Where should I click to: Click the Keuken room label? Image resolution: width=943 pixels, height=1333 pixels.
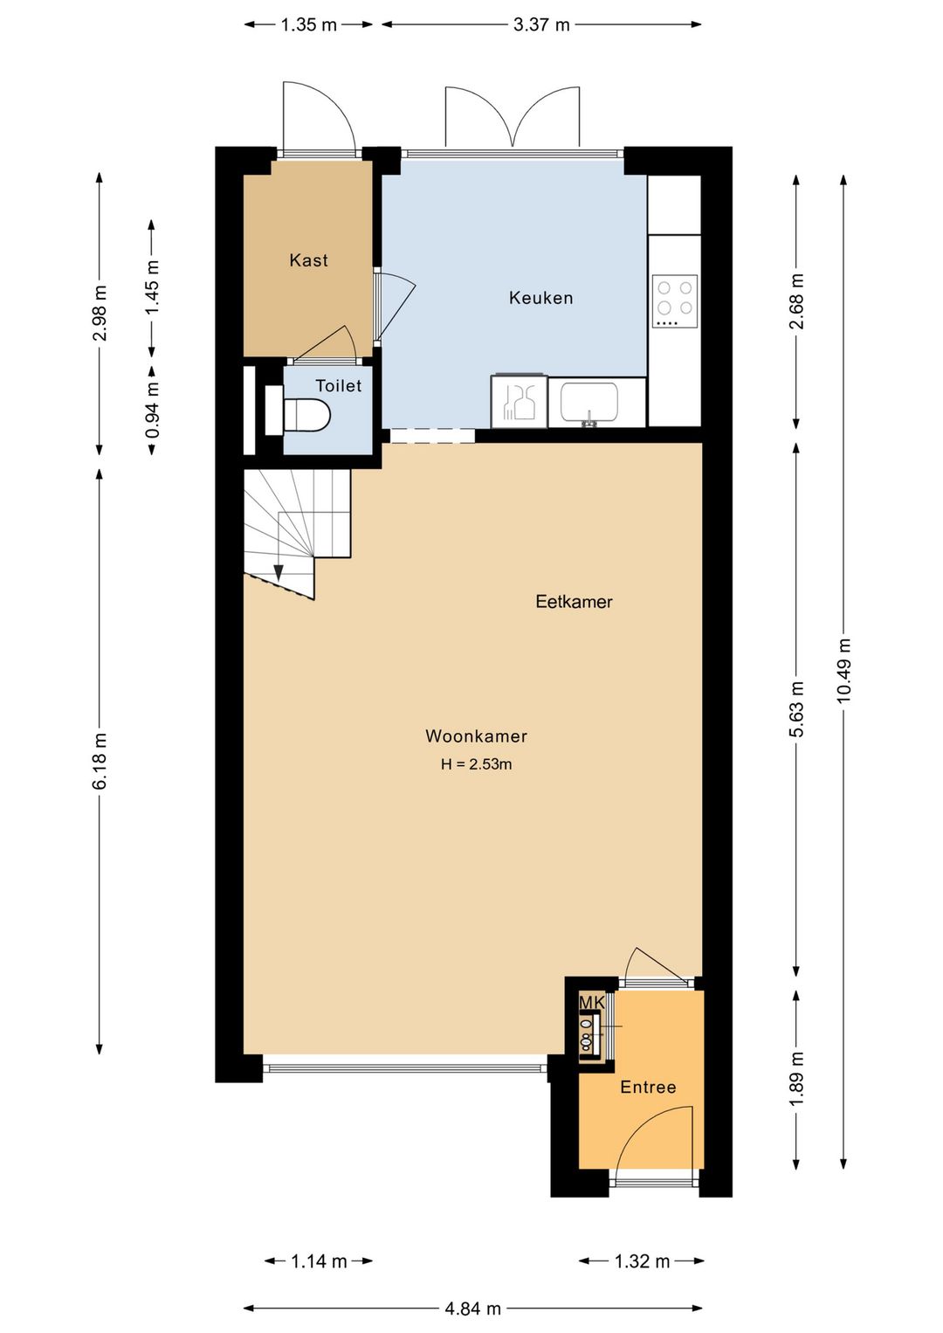pyautogui.click(x=540, y=298)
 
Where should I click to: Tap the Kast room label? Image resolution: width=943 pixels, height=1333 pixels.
pyautogui.click(x=308, y=260)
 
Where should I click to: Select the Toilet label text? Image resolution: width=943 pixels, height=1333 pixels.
pyautogui.click(x=338, y=385)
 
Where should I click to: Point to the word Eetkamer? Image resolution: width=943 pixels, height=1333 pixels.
pyautogui.click(x=574, y=602)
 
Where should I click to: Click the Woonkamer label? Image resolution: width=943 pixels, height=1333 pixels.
pyautogui.click(x=476, y=736)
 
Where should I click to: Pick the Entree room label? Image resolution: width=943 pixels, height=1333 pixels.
pyautogui.click(x=648, y=1088)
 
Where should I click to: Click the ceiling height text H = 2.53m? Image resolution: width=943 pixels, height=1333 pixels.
pyautogui.click(x=476, y=764)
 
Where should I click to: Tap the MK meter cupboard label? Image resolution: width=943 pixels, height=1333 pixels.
pyautogui.click(x=592, y=1003)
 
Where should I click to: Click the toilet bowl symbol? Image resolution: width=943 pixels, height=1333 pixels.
pyautogui.click(x=306, y=414)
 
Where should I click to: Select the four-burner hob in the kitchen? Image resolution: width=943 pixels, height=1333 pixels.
pyautogui.click(x=675, y=300)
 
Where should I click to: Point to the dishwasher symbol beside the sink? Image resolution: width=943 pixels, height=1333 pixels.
pyautogui.click(x=518, y=402)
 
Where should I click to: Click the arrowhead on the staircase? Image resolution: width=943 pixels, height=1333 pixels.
pyautogui.click(x=279, y=572)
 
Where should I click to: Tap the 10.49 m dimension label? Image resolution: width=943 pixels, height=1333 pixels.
pyautogui.click(x=843, y=671)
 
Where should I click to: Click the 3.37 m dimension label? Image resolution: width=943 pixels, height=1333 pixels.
pyautogui.click(x=541, y=24)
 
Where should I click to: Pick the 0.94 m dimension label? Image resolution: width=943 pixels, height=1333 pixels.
pyautogui.click(x=152, y=411)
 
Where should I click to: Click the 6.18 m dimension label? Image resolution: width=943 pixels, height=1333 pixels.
pyautogui.click(x=100, y=761)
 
